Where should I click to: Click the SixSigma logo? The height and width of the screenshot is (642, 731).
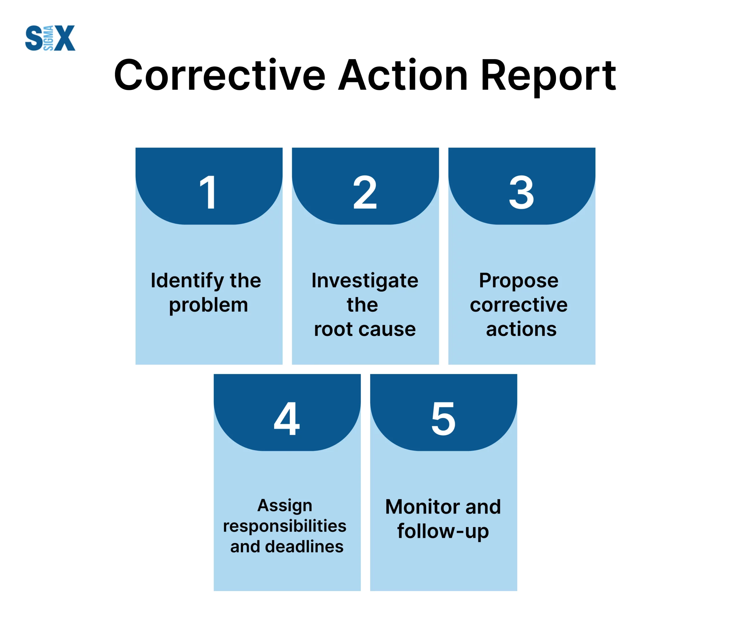tap(50, 38)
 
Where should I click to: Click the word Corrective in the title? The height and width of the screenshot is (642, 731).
tap(220, 75)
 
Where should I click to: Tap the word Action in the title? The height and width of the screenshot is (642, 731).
tap(403, 75)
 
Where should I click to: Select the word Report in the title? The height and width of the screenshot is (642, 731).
tap(548, 77)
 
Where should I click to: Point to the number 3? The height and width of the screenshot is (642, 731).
tap(521, 192)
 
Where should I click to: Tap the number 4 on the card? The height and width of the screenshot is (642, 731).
tap(286, 418)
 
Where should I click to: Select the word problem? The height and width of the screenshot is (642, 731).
tap(208, 305)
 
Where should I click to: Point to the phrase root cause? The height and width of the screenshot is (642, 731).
tap(365, 329)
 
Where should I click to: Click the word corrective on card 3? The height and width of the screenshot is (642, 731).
tap(519, 305)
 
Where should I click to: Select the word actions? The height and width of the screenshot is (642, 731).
tap(521, 329)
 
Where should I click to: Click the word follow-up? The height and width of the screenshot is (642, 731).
tap(443, 532)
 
